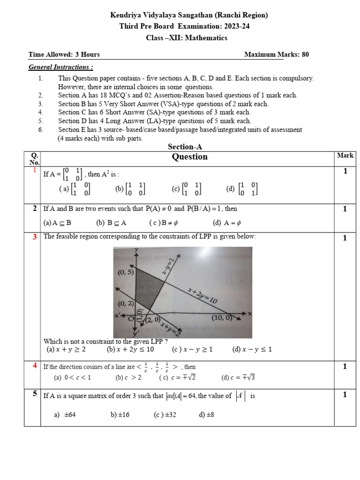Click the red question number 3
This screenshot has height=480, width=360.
(35, 237)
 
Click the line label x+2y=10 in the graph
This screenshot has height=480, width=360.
(202, 296)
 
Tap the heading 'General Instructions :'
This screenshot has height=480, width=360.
(61, 67)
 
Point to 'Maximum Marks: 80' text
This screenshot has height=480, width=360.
(277, 54)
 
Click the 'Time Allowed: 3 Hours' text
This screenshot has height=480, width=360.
(64, 54)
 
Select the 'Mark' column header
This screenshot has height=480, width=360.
(345, 156)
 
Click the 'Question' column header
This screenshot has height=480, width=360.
(190, 157)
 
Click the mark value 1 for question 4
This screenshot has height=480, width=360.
(345, 367)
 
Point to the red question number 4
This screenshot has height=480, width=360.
(35, 366)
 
